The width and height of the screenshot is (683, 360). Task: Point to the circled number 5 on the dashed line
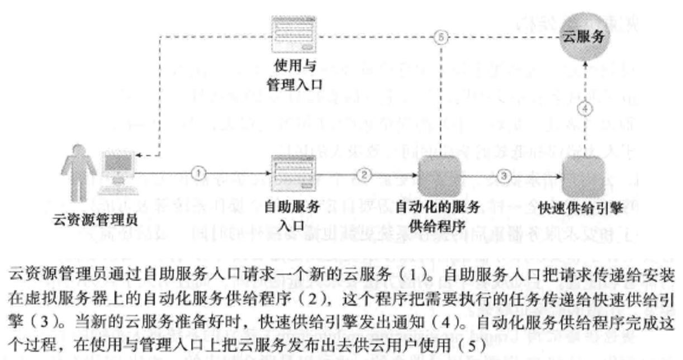coord(441,37)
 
